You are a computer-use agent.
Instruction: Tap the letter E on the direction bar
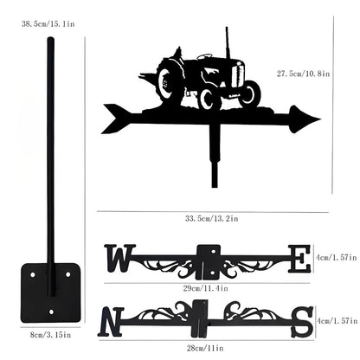click(x=299, y=259)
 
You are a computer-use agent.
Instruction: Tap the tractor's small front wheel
click(x=249, y=94)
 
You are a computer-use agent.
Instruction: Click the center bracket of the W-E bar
click(x=209, y=259)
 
